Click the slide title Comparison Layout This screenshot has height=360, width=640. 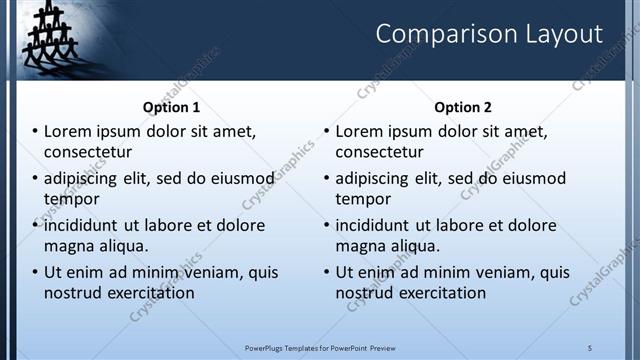489,34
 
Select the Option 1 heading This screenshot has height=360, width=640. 171,107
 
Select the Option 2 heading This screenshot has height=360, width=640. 463,107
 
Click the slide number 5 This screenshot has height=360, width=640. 590,347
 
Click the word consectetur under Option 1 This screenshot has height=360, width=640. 88,152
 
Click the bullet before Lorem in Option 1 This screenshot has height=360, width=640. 35,132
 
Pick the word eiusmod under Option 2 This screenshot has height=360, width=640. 530,179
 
